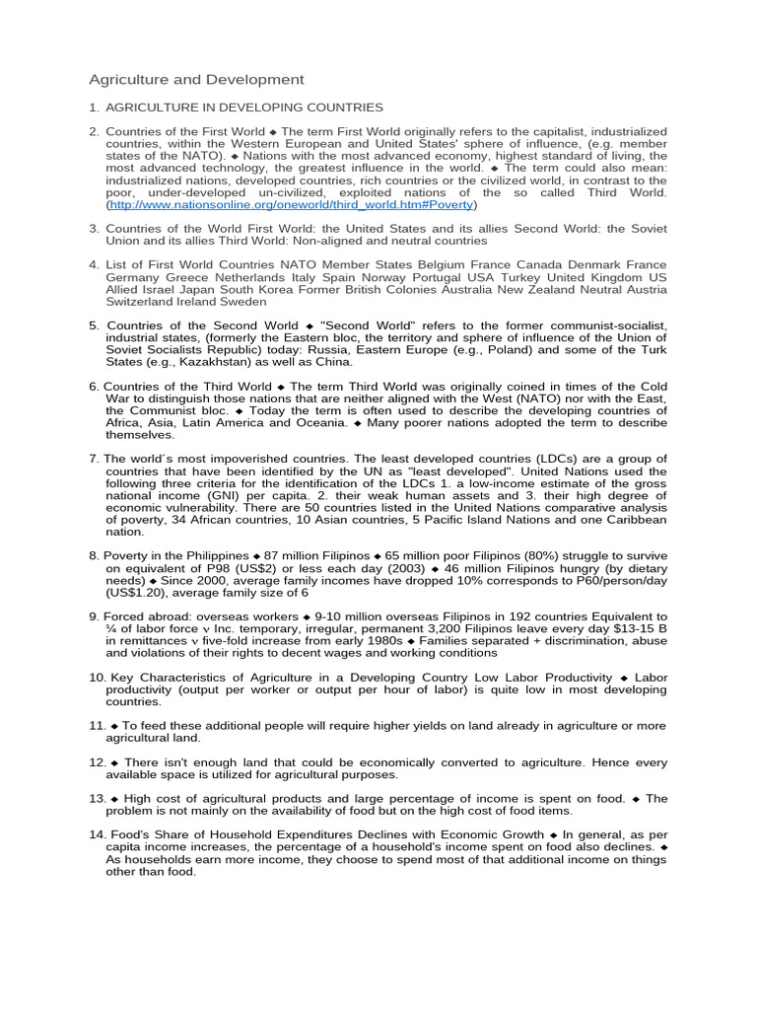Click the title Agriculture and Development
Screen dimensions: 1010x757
[197, 79]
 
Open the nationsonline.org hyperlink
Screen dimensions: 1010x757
[292, 205]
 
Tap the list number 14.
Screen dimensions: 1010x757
[96, 834]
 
